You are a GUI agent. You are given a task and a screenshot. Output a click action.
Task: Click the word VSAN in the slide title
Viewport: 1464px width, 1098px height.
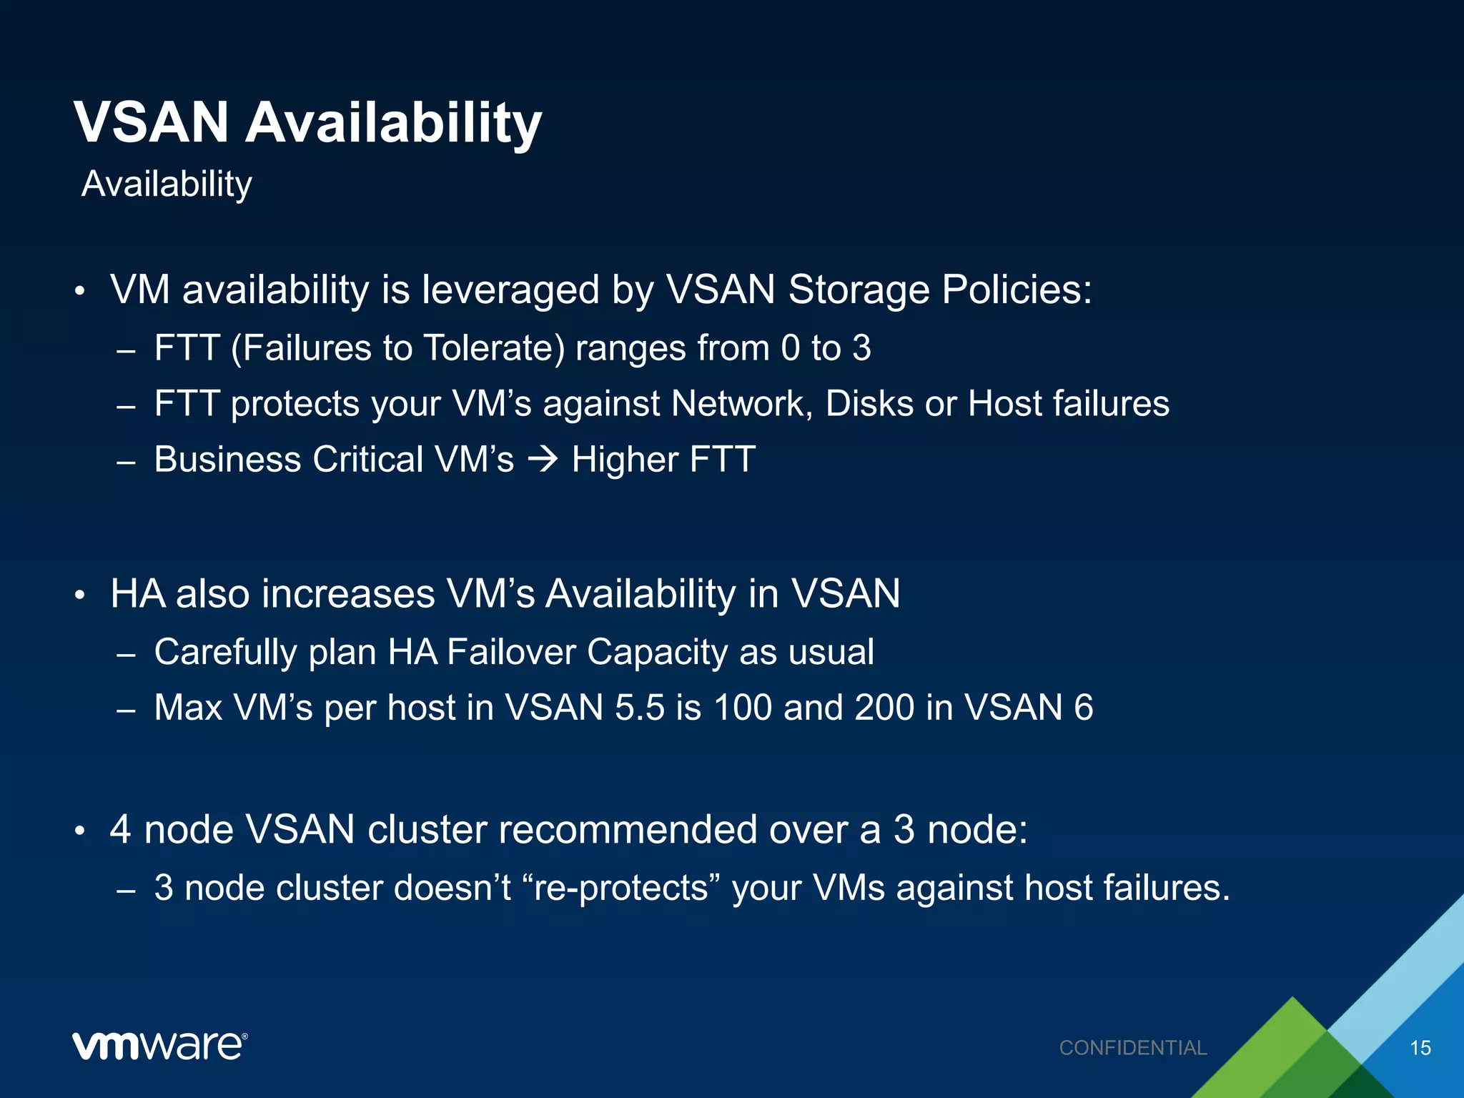point(152,122)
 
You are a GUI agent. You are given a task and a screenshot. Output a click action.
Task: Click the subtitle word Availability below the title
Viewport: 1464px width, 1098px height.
point(167,184)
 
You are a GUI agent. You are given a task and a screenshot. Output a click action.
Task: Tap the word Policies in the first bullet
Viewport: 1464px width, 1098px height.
point(1016,290)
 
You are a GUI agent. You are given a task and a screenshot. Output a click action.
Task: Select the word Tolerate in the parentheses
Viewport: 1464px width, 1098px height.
point(494,348)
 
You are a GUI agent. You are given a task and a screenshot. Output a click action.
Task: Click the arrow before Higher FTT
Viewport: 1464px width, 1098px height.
point(543,459)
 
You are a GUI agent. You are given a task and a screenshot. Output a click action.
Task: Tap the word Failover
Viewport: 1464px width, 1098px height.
point(511,652)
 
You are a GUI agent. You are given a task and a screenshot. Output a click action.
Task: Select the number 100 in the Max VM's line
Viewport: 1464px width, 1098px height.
point(743,708)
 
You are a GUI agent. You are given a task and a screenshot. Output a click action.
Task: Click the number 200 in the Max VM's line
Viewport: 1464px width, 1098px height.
point(884,708)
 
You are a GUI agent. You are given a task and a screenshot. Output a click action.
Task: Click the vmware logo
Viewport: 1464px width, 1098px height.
point(159,1047)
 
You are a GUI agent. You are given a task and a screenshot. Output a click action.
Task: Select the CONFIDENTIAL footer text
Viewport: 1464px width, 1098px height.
point(1132,1048)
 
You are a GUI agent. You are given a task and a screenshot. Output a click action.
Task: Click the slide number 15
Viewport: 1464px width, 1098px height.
point(1420,1048)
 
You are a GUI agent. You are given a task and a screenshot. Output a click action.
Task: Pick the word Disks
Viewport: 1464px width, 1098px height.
point(869,404)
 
